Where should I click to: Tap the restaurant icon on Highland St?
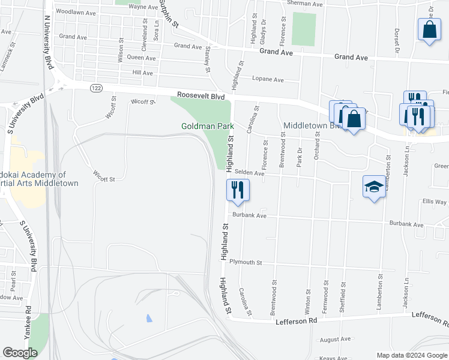coord(237,190)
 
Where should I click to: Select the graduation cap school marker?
coord(374,187)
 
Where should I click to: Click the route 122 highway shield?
coord(95,88)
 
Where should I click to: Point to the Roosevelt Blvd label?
coord(200,95)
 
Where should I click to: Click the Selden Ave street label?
coord(249,173)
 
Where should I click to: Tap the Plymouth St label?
coord(246,262)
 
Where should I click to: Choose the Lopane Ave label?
coord(268,79)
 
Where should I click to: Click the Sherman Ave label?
coord(305,4)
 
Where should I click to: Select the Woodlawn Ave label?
coord(76,12)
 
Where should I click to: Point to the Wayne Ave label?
coord(143,7)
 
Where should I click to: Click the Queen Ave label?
coord(142,58)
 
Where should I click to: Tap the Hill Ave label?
coord(143,73)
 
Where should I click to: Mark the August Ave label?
coord(335,340)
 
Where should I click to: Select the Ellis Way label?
coord(435,202)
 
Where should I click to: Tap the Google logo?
coord(20,352)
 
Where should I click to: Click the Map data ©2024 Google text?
coord(411,355)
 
